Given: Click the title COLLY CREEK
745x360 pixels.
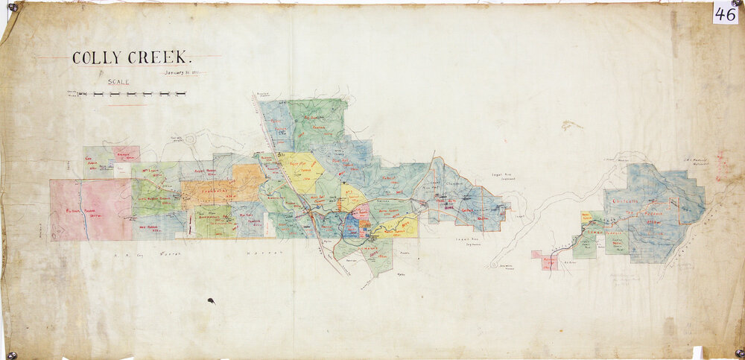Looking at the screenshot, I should click(x=132, y=57).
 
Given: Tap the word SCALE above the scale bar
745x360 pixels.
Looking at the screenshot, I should click(x=119, y=83).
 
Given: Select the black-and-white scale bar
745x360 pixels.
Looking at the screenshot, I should click(x=127, y=95).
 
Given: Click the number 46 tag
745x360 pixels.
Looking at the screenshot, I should click(x=725, y=13).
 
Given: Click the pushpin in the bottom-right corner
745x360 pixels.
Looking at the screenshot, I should click(x=738, y=353).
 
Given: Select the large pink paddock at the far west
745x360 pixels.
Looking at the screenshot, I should click(x=90, y=209).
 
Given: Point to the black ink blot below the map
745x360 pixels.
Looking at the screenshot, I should click(x=211, y=302).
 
